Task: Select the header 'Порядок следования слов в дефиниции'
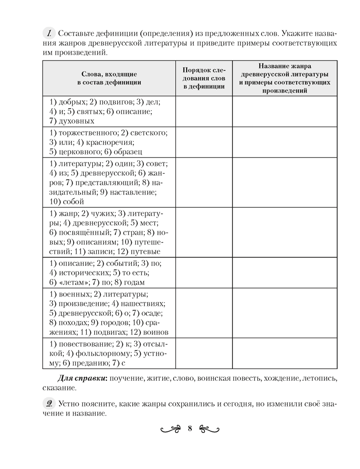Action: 203,78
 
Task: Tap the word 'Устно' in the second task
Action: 68,404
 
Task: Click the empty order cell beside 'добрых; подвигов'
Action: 203,111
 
